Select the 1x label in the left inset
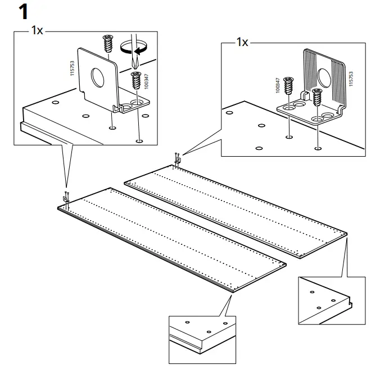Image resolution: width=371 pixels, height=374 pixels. [37, 30]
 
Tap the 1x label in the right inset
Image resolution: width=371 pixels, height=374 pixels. [242, 43]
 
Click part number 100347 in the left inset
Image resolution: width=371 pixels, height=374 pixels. [146, 80]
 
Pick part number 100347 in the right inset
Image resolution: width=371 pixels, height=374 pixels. [278, 85]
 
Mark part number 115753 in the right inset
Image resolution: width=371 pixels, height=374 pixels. [351, 78]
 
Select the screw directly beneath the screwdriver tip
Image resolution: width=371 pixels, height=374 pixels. [135, 81]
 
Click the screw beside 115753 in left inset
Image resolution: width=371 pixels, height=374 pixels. [107, 43]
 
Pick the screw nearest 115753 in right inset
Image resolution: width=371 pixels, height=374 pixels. [317, 96]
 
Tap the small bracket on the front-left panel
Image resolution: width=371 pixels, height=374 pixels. [65, 198]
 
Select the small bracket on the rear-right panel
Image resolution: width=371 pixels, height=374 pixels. [177, 160]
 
